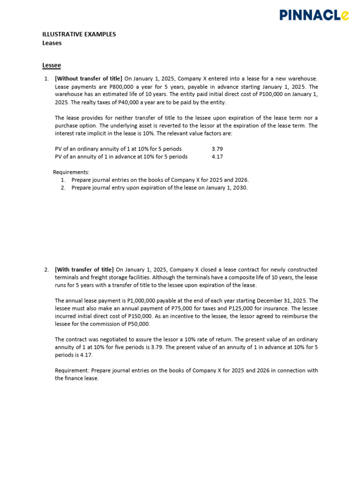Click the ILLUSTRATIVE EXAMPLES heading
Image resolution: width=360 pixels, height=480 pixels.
click(x=79, y=34)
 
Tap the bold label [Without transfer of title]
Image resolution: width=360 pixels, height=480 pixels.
click(x=89, y=79)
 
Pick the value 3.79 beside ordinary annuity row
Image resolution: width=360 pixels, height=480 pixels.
click(x=217, y=149)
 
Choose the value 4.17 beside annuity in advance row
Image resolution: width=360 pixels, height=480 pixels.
click(x=217, y=157)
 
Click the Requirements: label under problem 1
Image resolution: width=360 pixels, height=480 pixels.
click(x=71, y=172)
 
